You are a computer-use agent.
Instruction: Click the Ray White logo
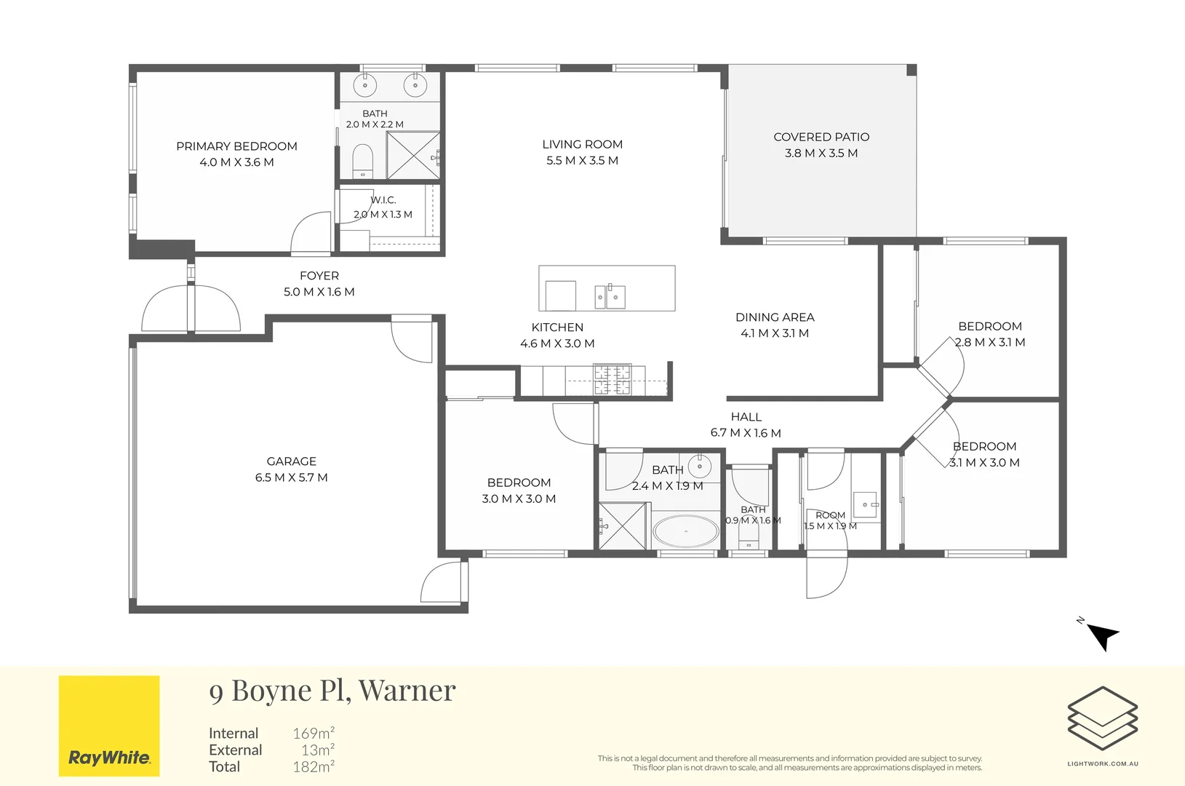point(109,726)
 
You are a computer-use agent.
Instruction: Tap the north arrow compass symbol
point(1103,635)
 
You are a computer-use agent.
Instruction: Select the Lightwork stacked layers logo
point(1103,718)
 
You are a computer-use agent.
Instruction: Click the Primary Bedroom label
point(236,146)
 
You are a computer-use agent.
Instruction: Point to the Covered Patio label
point(821,137)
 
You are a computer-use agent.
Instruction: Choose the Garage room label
point(292,461)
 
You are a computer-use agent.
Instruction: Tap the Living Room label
point(582,145)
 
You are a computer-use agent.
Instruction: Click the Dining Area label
point(775,317)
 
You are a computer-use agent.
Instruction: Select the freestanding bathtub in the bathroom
point(685,531)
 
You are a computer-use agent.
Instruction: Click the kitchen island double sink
point(610,296)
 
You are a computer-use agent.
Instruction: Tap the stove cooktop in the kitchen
point(612,379)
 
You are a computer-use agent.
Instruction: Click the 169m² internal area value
point(314,733)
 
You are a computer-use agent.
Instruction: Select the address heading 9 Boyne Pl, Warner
point(332,690)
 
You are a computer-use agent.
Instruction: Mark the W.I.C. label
point(383,200)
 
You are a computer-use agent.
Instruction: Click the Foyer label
point(319,276)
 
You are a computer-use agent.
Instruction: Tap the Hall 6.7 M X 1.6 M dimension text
point(746,433)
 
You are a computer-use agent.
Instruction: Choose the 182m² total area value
point(314,766)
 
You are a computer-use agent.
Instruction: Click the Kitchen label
point(557,327)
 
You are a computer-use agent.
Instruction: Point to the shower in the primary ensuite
point(413,156)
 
